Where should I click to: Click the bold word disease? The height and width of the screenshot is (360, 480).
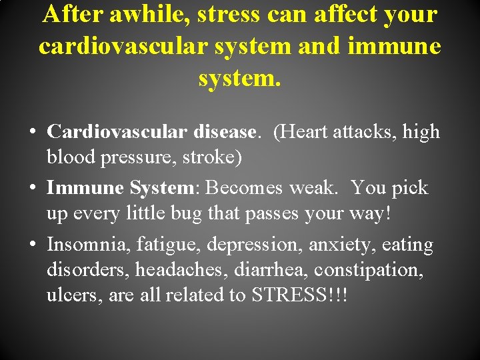tap(224, 131)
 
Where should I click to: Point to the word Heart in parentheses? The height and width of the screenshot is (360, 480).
tap(305, 131)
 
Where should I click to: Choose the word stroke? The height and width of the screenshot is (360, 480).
tap(215, 157)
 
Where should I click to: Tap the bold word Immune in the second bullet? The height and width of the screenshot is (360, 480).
tap(85, 187)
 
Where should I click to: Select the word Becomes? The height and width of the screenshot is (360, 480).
tap(245, 187)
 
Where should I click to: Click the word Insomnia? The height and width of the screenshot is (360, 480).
tap(88, 245)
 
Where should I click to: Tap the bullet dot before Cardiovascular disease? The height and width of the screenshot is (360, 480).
tap(32, 131)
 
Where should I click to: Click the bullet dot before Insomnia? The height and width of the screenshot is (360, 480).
tap(32, 245)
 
